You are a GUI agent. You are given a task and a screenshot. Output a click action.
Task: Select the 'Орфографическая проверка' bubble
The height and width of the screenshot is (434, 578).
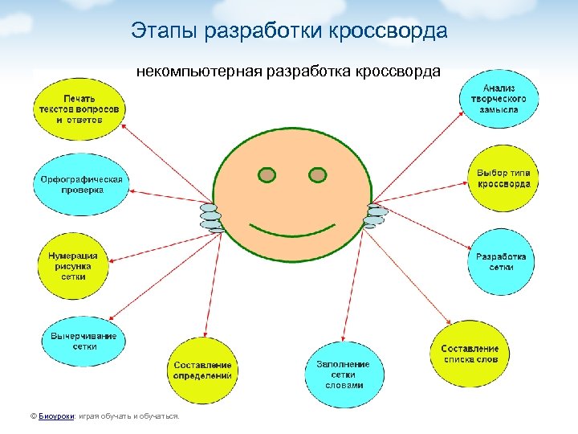(x=81, y=185)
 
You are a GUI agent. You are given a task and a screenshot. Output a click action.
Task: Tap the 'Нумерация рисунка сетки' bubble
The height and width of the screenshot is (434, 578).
(x=73, y=265)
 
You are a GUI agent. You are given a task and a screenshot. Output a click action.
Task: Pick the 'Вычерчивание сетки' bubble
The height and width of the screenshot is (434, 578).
(x=83, y=341)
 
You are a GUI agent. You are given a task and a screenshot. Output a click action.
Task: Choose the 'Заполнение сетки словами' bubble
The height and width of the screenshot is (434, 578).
(x=344, y=375)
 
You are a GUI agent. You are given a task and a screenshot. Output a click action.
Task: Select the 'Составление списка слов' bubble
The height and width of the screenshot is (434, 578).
(x=470, y=354)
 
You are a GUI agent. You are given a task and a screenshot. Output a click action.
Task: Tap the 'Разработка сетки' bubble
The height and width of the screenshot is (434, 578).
(x=501, y=262)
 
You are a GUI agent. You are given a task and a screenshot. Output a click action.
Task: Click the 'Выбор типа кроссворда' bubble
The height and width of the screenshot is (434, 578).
(x=503, y=178)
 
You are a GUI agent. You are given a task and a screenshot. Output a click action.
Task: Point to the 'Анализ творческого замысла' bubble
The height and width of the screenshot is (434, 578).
(x=499, y=98)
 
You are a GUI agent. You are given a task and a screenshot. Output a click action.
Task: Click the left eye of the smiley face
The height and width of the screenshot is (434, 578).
(x=267, y=174)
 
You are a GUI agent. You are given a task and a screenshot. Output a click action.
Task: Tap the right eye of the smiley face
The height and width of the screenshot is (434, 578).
(x=318, y=174)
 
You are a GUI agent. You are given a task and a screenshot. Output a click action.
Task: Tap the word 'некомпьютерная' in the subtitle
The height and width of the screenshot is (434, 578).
(x=188, y=72)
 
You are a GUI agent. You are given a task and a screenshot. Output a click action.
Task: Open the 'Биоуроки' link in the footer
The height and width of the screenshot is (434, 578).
(x=57, y=416)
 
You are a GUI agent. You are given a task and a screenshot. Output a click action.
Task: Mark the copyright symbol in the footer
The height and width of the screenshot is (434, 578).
(x=32, y=416)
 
